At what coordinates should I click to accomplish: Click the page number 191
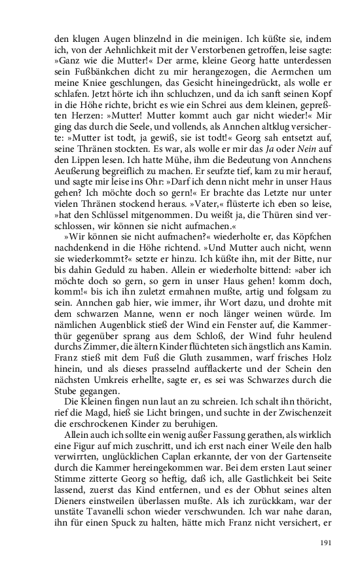click(326, 542)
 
